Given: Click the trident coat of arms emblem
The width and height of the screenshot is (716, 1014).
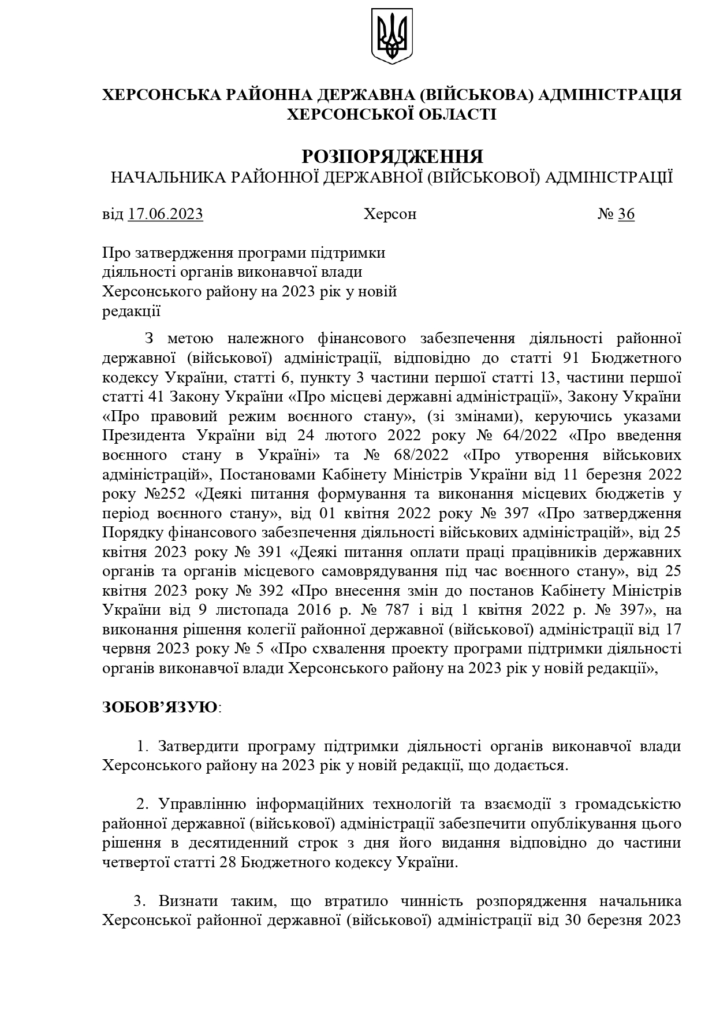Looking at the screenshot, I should [x=391, y=36].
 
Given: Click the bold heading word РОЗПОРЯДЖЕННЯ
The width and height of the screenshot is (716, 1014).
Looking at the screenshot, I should [x=392, y=157].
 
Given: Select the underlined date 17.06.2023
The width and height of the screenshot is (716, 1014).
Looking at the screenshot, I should [x=166, y=214].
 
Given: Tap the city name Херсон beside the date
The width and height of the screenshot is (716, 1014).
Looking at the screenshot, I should [x=390, y=214].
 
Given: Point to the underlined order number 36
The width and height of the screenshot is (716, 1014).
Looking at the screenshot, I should [x=626, y=214].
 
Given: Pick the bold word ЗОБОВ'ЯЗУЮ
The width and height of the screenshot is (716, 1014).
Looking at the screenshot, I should [x=160, y=707].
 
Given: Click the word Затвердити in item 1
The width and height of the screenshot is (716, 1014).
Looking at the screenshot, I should [x=199, y=746].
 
